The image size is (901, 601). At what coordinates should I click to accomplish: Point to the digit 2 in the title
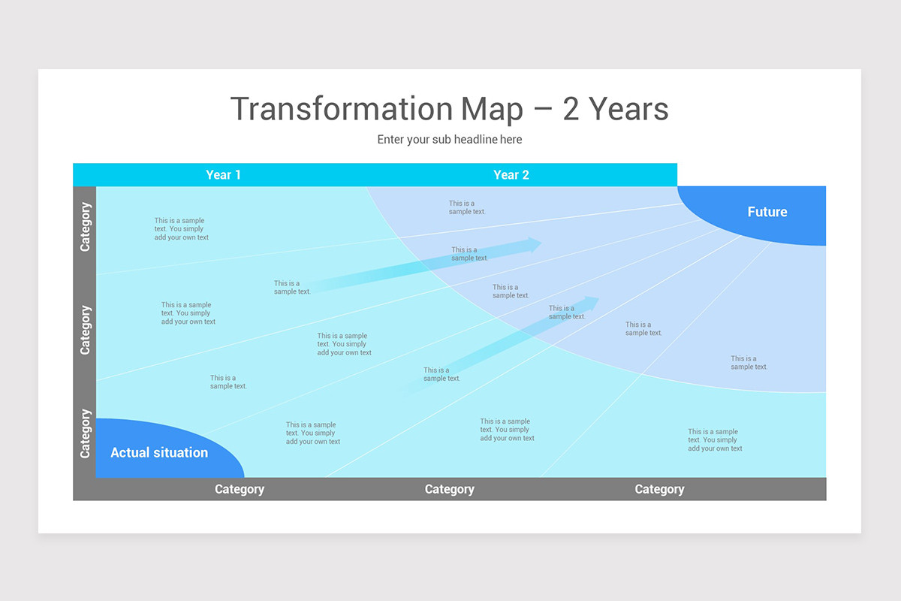click(571, 109)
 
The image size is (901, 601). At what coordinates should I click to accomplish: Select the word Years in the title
click(629, 109)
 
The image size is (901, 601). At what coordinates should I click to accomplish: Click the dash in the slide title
click(542, 110)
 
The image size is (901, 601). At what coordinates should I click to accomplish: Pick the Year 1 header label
click(223, 175)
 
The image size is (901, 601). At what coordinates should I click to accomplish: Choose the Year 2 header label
click(511, 175)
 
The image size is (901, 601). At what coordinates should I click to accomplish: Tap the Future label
click(767, 212)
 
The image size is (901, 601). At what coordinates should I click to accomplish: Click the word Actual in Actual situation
click(131, 452)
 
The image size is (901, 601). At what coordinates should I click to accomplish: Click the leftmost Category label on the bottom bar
click(240, 489)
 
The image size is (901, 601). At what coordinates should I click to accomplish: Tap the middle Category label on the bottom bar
click(449, 489)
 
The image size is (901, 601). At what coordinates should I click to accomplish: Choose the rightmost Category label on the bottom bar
click(659, 489)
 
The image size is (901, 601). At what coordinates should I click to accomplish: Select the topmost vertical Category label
click(85, 227)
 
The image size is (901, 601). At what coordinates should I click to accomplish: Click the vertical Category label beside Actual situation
click(85, 433)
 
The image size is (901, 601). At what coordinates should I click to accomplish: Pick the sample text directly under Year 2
click(467, 207)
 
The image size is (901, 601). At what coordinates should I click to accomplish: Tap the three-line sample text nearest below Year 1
click(181, 229)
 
